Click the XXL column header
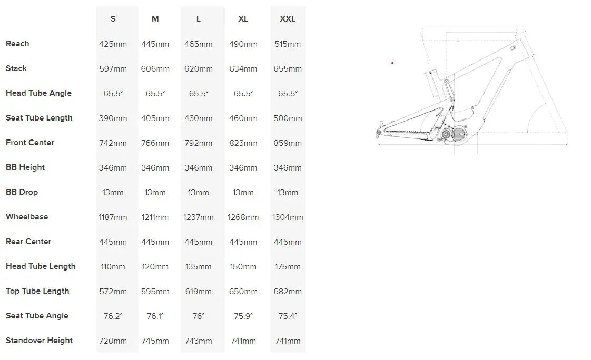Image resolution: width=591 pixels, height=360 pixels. pyautogui.click(x=288, y=19)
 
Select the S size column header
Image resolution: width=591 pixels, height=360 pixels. pyautogui.click(x=113, y=19)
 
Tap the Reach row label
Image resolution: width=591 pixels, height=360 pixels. pyautogui.click(x=17, y=44)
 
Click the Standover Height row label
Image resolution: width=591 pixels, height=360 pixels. pyautogui.click(x=39, y=341)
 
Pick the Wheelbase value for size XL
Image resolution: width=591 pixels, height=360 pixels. pyautogui.click(x=243, y=217)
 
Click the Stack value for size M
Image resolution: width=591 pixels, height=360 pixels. pyautogui.click(x=155, y=69)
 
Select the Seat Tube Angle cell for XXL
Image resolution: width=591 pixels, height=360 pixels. pyautogui.click(x=288, y=316)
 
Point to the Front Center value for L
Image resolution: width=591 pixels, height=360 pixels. pyautogui.click(x=198, y=143)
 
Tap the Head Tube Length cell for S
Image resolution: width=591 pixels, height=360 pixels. pyautogui.click(x=113, y=267)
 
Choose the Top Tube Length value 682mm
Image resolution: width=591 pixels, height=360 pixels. pyautogui.click(x=288, y=292)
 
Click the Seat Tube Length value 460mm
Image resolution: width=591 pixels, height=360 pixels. pyautogui.click(x=243, y=118)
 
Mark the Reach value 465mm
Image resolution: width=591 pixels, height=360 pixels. pyautogui.click(x=198, y=44)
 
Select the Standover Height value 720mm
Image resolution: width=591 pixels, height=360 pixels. pyautogui.click(x=113, y=341)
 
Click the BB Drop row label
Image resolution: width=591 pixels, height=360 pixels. pyautogui.click(x=22, y=192)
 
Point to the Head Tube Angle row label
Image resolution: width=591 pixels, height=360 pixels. pyautogui.click(x=38, y=93)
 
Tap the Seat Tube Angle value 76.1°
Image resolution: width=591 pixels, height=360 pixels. pyautogui.click(x=155, y=316)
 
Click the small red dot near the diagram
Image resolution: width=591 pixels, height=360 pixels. pyautogui.click(x=392, y=63)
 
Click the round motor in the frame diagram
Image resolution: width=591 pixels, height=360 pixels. pyautogui.click(x=459, y=134)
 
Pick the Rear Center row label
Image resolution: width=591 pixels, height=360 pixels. pyautogui.click(x=28, y=242)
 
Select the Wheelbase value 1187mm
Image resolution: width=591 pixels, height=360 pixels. pyautogui.click(x=113, y=217)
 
